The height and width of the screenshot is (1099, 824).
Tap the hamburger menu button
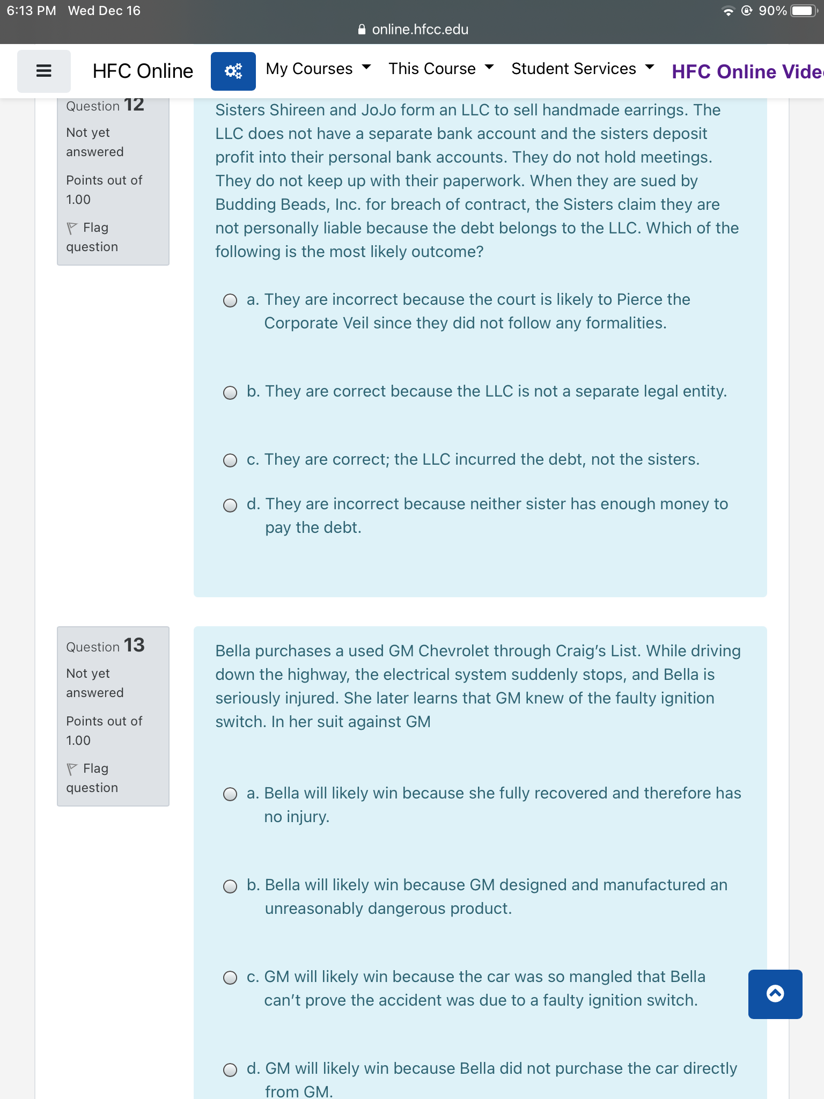pyautogui.click(x=43, y=71)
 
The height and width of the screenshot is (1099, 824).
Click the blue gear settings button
pyautogui.click(x=233, y=71)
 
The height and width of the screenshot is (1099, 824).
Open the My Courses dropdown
pyautogui.click(x=318, y=69)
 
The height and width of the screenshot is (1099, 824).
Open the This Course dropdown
pyautogui.click(x=440, y=69)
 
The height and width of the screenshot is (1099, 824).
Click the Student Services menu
pyautogui.click(x=582, y=69)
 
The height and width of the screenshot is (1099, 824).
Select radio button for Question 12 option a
pyautogui.click(x=230, y=301)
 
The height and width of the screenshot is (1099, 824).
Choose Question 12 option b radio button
pyautogui.click(x=230, y=393)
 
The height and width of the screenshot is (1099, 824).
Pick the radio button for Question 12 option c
pyautogui.click(x=230, y=460)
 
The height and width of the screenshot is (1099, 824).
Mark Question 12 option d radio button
pyautogui.click(x=230, y=505)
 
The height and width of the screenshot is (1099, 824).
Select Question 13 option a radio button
pyautogui.click(x=230, y=794)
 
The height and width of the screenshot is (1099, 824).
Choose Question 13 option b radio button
pyautogui.click(x=230, y=886)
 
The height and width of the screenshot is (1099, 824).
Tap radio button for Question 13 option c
pyautogui.click(x=230, y=978)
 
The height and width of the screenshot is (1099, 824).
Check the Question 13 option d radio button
pyautogui.click(x=230, y=1070)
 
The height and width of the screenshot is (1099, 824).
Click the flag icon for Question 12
pyautogui.click(x=72, y=228)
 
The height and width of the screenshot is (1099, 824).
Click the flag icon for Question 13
pyautogui.click(x=72, y=769)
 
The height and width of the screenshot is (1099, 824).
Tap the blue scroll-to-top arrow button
pyautogui.click(x=775, y=994)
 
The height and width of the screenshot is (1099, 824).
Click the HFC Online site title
pyautogui.click(x=143, y=71)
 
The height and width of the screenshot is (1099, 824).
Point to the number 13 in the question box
pyautogui.click(x=134, y=645)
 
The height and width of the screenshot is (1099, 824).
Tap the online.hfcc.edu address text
pyautogui.click(x=420, y=30)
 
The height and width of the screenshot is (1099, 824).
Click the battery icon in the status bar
pyautogui.click(x=803, y=11)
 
